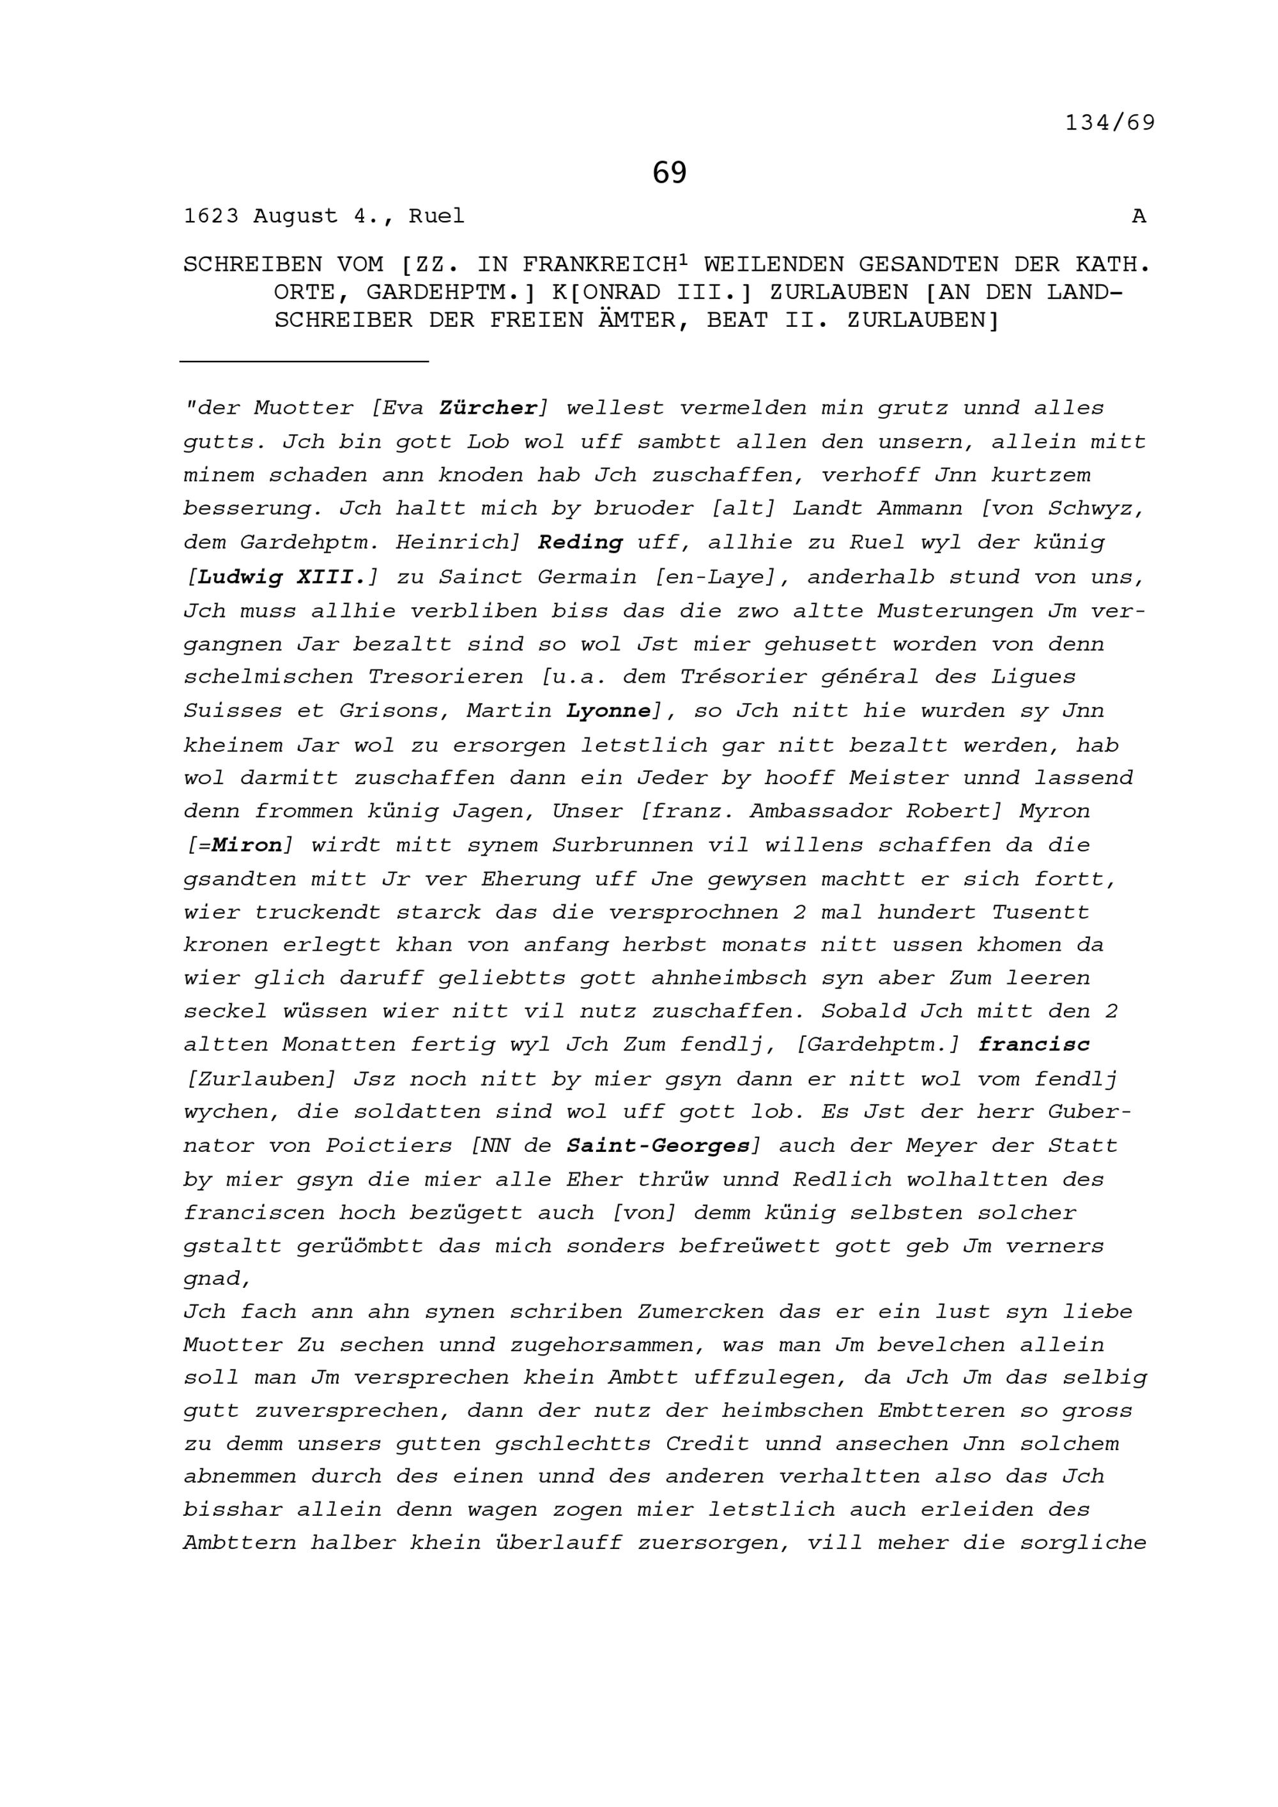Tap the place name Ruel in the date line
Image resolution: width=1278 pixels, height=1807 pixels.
[x=436, y=216]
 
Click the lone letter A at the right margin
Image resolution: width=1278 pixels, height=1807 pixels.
[x=1139, y=216]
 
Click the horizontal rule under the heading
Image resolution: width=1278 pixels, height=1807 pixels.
[x=304, y=361]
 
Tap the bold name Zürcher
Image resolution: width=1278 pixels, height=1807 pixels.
[x=488, y=407]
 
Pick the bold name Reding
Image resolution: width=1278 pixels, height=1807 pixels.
[x=580, y=542]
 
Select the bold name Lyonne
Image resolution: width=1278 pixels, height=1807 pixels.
[x=608, y=711]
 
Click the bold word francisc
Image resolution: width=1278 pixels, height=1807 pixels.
[x=1034, y=1045]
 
